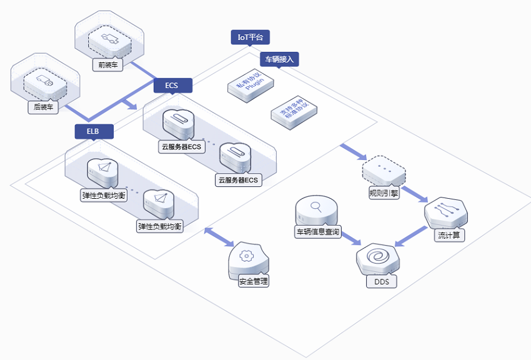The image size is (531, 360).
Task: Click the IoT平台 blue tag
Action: (x=251, y=37)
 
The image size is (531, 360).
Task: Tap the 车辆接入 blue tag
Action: (x=279, y=59)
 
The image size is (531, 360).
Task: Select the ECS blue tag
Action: (x=172, y=86)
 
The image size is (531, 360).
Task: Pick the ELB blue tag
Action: (x=94, y=131)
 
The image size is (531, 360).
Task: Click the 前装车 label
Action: (x=108, y=64)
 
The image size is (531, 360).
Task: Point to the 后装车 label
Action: (x=43, y=107)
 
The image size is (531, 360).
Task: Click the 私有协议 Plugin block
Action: (x=251, y=85)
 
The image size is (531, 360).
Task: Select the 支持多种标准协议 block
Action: (x=294, y=112)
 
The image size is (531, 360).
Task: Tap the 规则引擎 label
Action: (x=384, y=193)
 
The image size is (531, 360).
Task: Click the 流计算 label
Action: (x=449, y=235)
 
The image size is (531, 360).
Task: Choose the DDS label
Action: (x=381, y=281)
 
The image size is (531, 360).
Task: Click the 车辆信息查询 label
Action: (x=317, y=232)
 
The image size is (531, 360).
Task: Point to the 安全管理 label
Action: (x=254, y=281)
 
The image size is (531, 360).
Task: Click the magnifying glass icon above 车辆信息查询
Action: (x=316, y=207)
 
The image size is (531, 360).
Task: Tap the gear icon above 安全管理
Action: (x=246, y=256)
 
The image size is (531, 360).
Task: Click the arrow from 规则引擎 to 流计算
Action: (x=414, y=194)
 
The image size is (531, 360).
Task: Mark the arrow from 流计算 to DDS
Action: (x=411, y=236)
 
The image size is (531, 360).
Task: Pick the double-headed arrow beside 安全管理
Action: (x=219, y=237)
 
